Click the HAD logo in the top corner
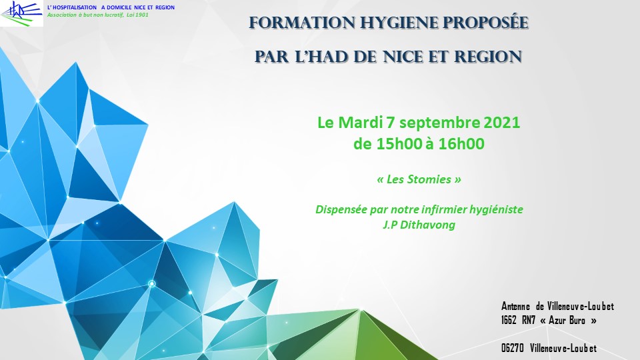tap(21, 13)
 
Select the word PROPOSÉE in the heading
tap(485, 23)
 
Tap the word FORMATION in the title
tap(301, 23)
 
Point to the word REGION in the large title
tap(488, 57)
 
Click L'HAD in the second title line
tap(321, 57)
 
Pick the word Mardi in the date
tap(361, 123)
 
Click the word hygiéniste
tap(496, 210)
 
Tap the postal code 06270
tap(512, 348)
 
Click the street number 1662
tap(509, 320)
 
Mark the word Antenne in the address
tap(515, 306)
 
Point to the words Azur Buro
tap(567, 320)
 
